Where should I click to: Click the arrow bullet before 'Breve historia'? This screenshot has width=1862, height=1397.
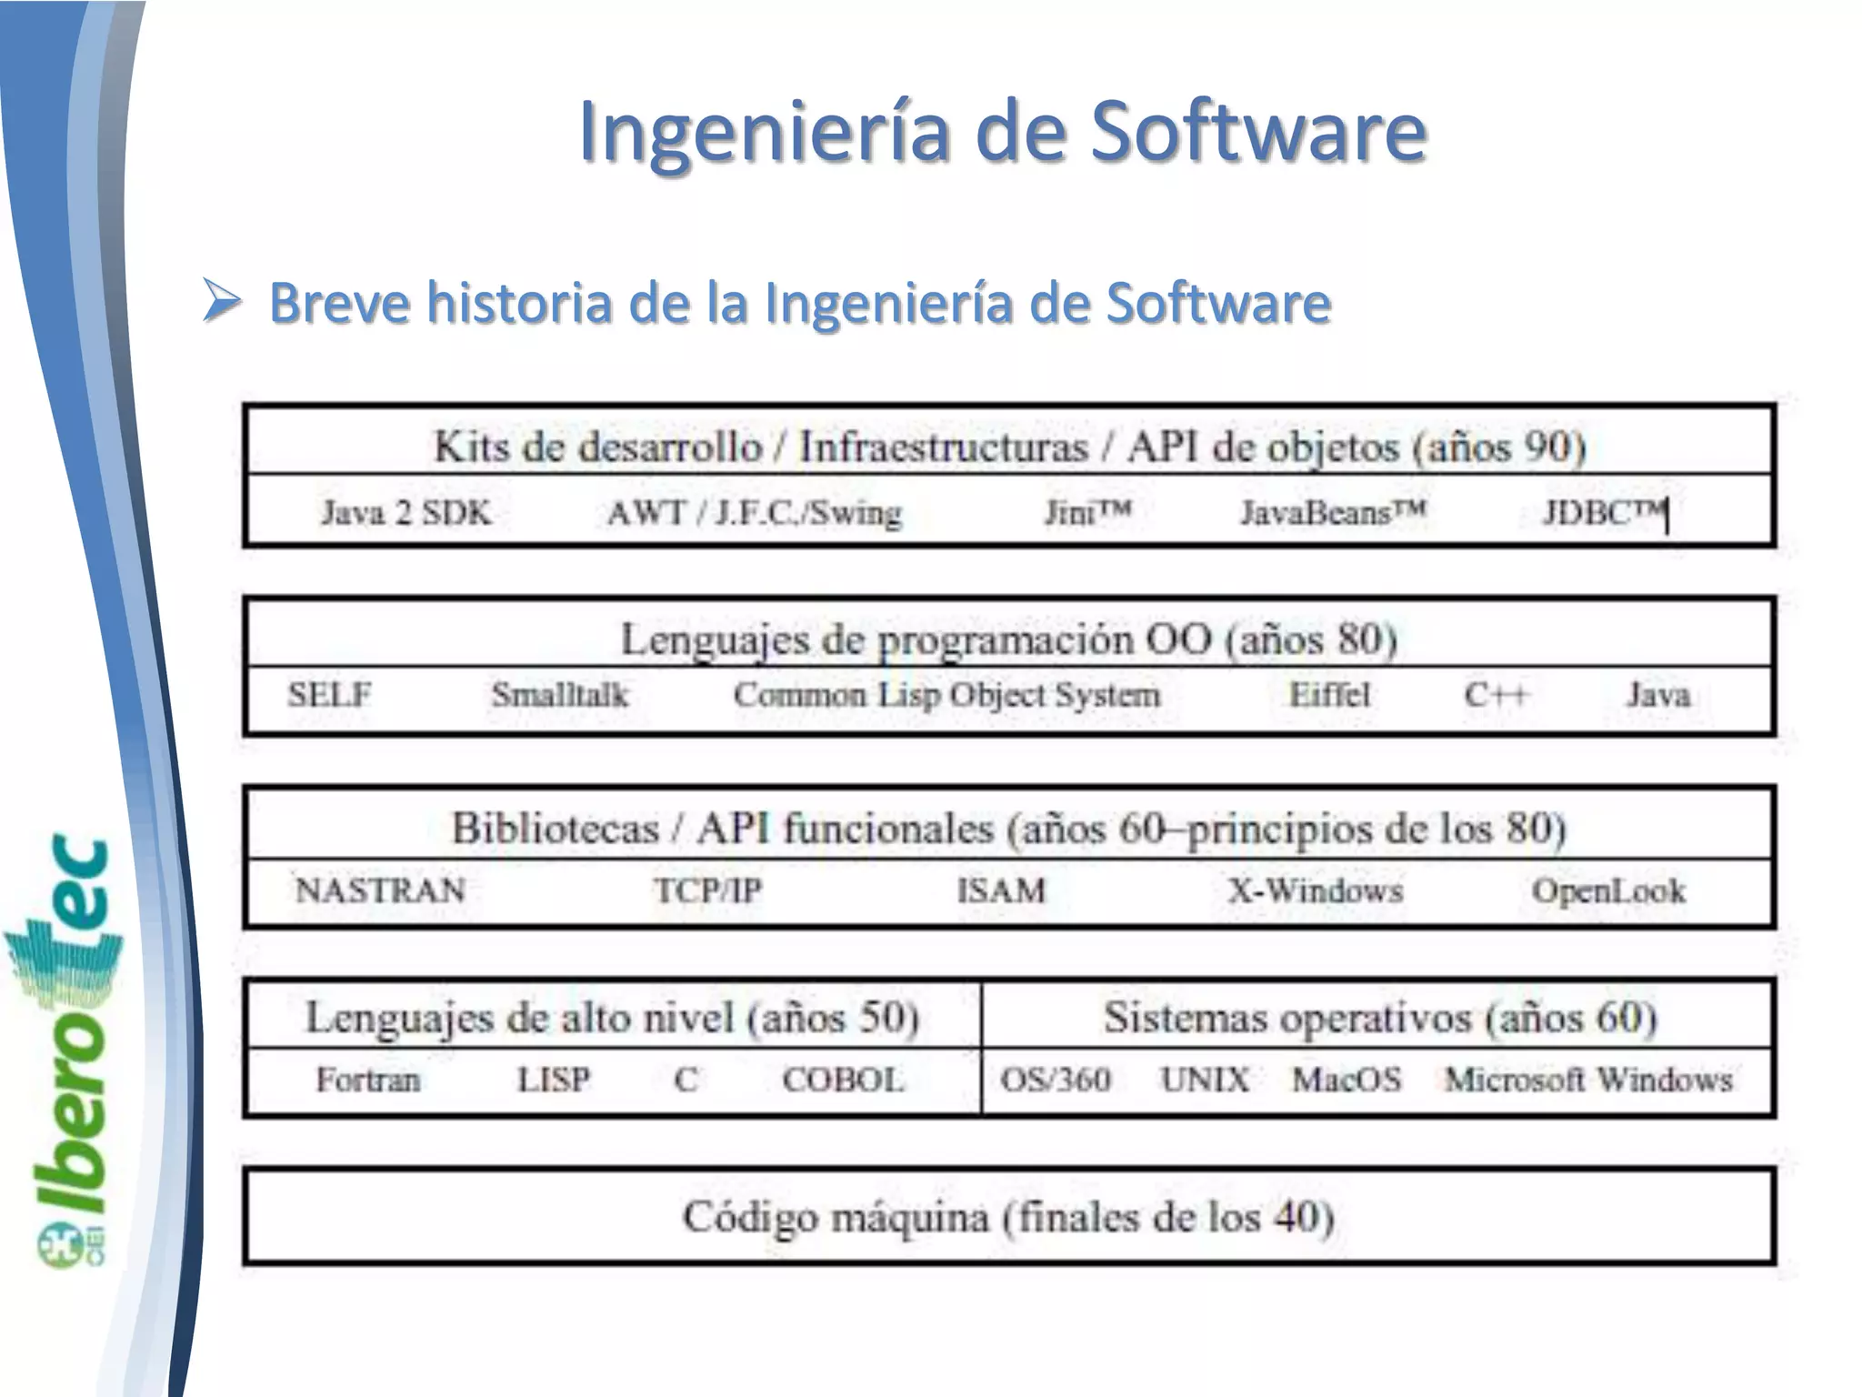222,302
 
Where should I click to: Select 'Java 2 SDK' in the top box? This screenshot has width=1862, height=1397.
405,513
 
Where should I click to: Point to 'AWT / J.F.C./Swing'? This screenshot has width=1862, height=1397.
755,513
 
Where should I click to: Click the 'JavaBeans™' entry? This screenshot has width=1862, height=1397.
1333,513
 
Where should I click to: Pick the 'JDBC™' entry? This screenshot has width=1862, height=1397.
1604,513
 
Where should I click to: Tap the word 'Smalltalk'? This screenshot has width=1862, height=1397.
560,695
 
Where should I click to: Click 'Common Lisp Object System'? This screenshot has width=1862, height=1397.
946,696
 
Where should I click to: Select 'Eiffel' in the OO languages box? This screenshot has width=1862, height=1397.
1329,695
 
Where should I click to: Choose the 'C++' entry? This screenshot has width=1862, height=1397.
1496,695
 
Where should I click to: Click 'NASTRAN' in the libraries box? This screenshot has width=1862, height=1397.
380,889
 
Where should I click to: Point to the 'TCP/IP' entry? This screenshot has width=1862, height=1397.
707,889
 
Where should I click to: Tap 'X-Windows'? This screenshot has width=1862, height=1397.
1315,889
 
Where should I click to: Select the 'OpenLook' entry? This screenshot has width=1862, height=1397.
1608,890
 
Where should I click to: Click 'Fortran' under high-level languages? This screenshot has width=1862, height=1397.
368,1080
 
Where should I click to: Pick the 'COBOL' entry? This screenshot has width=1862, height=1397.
843,1080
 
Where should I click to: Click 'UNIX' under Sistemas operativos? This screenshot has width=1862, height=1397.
1205,1080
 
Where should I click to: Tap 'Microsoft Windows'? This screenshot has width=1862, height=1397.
1588,1080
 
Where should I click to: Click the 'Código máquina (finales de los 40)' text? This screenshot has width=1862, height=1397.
1008,1217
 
